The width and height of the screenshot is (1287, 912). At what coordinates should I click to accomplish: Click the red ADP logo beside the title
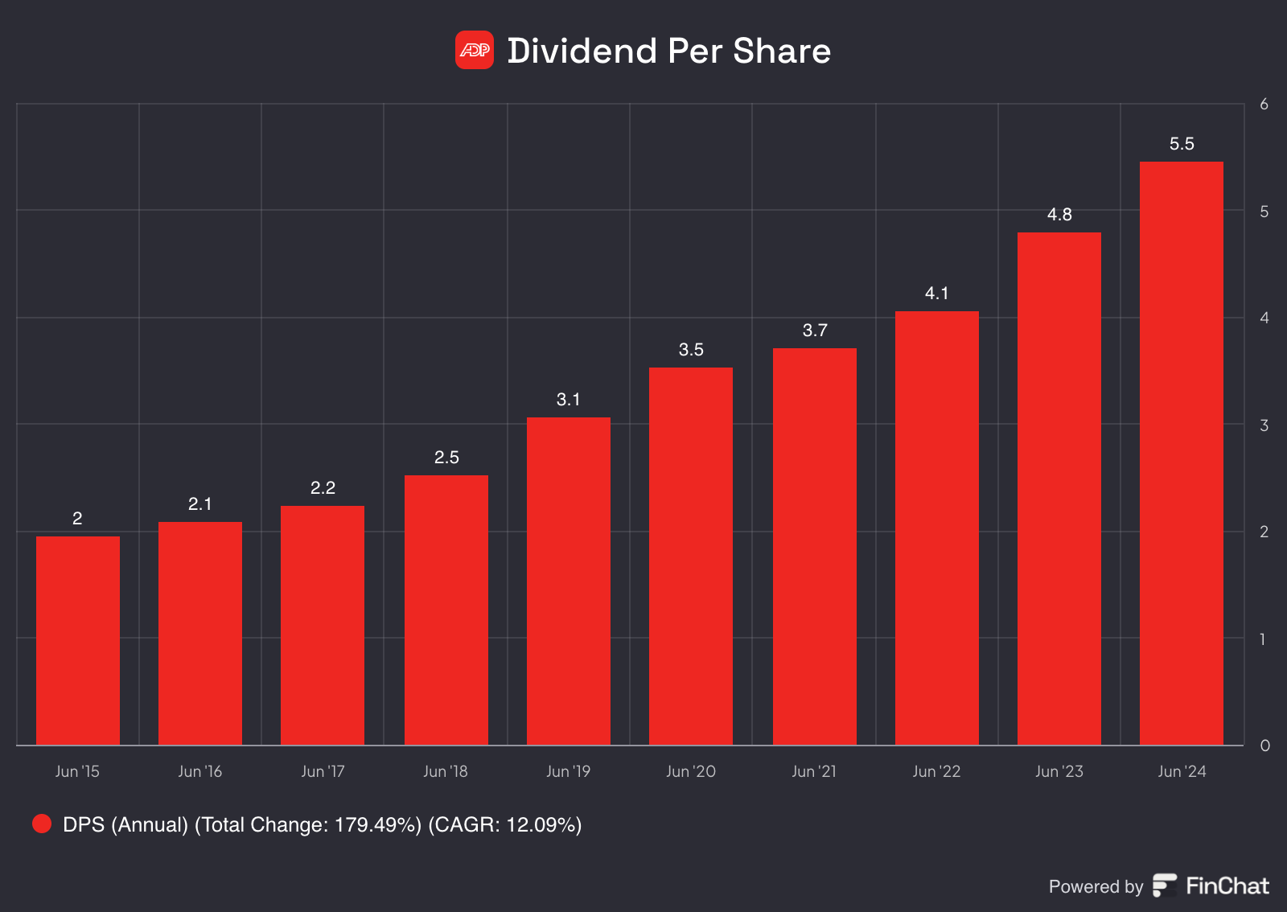[474, 50]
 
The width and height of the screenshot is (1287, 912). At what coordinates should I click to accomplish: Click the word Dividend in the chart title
[582, 51]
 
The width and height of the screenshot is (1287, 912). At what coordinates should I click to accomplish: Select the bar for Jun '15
[78, 640]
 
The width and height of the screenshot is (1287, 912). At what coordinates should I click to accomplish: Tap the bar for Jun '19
[568, 581]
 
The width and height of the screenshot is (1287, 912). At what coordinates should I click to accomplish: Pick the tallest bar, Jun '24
[1181, 453]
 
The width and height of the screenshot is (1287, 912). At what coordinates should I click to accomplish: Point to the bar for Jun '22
[936, 528]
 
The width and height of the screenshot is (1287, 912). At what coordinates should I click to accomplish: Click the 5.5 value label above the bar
[1181, 144]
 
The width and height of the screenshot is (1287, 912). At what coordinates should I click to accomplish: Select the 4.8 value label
[1059, 215]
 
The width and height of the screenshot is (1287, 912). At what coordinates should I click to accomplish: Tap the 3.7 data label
[814, 331]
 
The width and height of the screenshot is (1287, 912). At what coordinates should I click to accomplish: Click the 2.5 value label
[446, 458]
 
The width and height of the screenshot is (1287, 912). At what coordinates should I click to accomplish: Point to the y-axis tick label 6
[1264, 105]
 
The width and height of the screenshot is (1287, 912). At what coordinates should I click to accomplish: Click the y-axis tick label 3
[1264, 425]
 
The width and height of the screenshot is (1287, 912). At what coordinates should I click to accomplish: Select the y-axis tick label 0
[1264, 746]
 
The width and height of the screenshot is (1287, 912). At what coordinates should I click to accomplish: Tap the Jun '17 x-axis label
[323, 771]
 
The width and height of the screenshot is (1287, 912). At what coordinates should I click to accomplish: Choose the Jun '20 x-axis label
[690, 771]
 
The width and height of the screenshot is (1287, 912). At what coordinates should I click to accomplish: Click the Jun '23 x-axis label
[1059, 771]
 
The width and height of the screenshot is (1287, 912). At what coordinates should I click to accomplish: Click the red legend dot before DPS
[42, 824]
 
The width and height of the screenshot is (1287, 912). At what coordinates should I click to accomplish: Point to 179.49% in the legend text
[377, 825]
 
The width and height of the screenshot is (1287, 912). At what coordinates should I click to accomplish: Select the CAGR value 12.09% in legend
[543, 825]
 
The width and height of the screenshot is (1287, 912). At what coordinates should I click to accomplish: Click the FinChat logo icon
[1164, 885]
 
